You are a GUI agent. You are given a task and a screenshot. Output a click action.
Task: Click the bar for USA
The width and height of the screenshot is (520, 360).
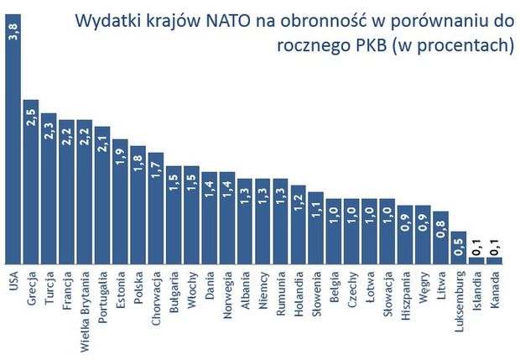click(x=13, y=134)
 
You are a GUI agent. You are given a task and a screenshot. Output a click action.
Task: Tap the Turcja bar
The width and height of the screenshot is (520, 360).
click(x=49, y=189)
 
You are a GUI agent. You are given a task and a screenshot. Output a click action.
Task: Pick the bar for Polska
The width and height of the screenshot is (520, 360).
click(x=138, y=206)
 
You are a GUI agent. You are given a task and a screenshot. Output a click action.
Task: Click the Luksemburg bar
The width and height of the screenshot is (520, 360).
click(x=459, y=248)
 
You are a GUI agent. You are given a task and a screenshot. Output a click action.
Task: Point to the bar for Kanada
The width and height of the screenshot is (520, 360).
click(x=495, y=260)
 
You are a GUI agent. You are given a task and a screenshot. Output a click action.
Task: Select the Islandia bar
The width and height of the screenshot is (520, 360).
click(x=477, y=260)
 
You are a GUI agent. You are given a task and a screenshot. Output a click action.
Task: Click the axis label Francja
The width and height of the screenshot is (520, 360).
click(x=67, y=290)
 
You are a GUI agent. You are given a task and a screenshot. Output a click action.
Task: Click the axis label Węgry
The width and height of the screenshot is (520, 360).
click(x=424, y=286)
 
